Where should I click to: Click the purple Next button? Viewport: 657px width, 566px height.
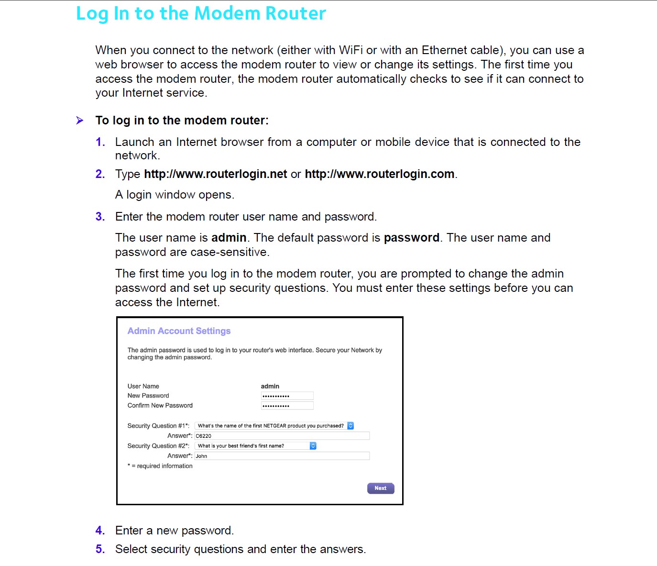pos(381,488)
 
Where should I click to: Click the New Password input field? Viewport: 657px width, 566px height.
pos(287,396)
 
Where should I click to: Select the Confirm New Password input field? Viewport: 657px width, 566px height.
pos(287,406)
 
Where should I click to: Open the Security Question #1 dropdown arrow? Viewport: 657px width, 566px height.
pos(350,426)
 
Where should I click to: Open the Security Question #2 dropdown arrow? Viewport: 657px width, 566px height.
pos(313,446)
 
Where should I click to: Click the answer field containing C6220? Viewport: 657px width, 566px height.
pos(282,436)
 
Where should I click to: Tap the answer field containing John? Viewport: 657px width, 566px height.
pos(282,456)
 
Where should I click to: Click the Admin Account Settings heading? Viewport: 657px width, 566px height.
pos(179,331)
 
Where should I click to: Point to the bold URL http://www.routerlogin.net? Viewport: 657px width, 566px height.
pos(216,174)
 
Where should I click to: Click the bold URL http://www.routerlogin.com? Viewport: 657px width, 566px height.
pos(380,174)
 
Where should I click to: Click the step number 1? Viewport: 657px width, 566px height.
pos(100,142)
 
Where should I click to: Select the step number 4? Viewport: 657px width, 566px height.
pos(100,531)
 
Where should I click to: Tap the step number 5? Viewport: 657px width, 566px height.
pos(100,549)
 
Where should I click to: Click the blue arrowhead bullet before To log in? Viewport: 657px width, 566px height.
pos(80,121)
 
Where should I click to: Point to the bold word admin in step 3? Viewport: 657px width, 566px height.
pos(229,238)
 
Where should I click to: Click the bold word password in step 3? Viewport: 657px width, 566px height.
pos(412,238)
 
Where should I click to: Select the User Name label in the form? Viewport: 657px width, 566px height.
pos(143,386)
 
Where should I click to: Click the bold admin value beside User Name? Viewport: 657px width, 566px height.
pos(270,386)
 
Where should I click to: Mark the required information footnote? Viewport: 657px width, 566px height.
pos(160,466)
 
